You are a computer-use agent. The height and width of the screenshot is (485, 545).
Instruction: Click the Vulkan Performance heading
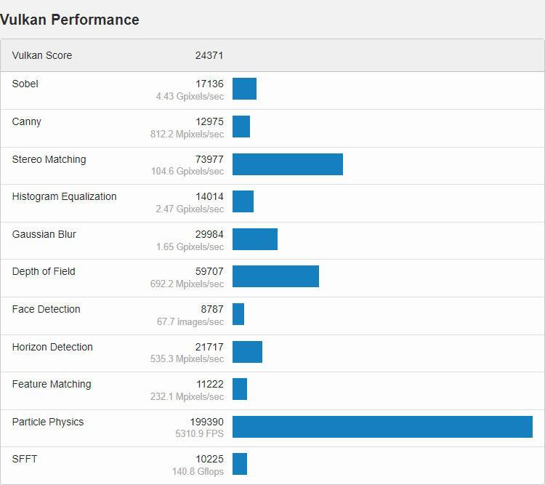point(70,20)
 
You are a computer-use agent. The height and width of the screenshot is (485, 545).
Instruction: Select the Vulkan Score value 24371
point(209,55)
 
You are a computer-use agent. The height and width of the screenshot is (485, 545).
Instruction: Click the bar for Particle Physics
point(382,427)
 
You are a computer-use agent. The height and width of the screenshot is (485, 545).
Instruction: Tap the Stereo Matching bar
point(288,164)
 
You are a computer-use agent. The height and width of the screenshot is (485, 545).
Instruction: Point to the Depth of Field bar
point(275,276)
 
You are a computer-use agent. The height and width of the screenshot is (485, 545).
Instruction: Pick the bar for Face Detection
point(238,314)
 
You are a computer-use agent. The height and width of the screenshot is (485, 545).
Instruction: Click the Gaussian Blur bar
point(255,239)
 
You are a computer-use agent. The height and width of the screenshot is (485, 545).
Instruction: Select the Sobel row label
point(25,84)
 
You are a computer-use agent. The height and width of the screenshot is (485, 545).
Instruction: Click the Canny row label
point(27,121)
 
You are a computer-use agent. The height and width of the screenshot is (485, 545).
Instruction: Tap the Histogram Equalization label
point(64,196)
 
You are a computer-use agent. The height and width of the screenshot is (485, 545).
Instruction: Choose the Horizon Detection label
point(52,347)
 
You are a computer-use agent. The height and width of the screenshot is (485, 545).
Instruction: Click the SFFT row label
point(25,459)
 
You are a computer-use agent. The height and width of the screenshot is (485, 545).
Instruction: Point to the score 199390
point(207,422)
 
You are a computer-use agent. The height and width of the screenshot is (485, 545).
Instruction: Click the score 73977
point(209,159)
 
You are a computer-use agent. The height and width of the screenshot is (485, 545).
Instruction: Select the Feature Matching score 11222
point(209,384)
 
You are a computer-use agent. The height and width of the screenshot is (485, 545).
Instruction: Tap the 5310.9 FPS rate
point(200,434)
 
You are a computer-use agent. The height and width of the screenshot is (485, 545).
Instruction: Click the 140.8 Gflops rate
point(198,471)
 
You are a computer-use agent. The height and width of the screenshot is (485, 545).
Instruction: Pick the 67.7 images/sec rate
point(190,321)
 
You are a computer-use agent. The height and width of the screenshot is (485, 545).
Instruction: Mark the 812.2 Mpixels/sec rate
point(187,134)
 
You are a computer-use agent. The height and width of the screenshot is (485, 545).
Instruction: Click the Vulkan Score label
point(42,55)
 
